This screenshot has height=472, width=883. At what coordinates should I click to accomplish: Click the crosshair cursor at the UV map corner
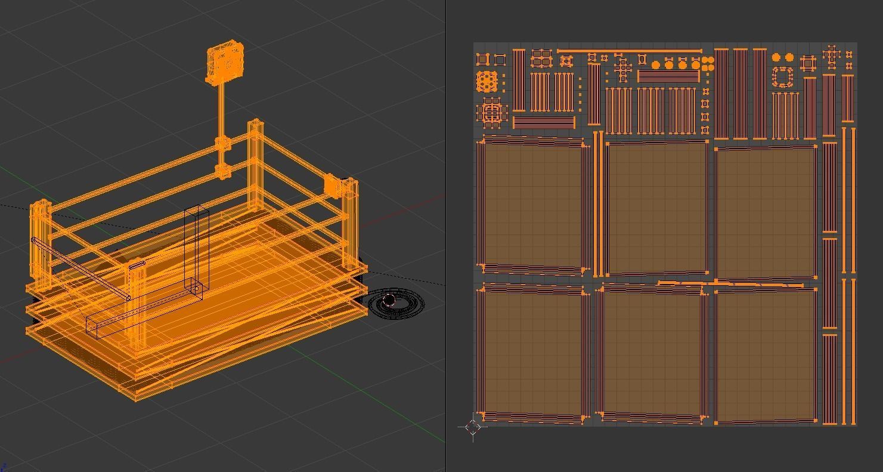[x=473, y=426]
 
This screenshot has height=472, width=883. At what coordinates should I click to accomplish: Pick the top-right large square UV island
[x=765, y=212]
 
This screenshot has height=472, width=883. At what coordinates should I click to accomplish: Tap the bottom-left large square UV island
[x=532, y=353]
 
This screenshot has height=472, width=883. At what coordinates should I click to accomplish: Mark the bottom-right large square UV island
[x=765, y=355]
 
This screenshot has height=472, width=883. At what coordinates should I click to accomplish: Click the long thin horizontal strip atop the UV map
[x=629, y=51]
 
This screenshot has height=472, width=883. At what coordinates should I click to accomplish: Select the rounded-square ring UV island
[x=783, y=78]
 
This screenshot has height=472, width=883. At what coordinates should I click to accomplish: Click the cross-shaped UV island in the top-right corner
[x=832, y=55]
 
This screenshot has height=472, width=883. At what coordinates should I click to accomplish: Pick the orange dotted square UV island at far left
[x=487, y=81]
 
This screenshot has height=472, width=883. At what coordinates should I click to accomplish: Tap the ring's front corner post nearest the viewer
[x=137, y=304]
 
